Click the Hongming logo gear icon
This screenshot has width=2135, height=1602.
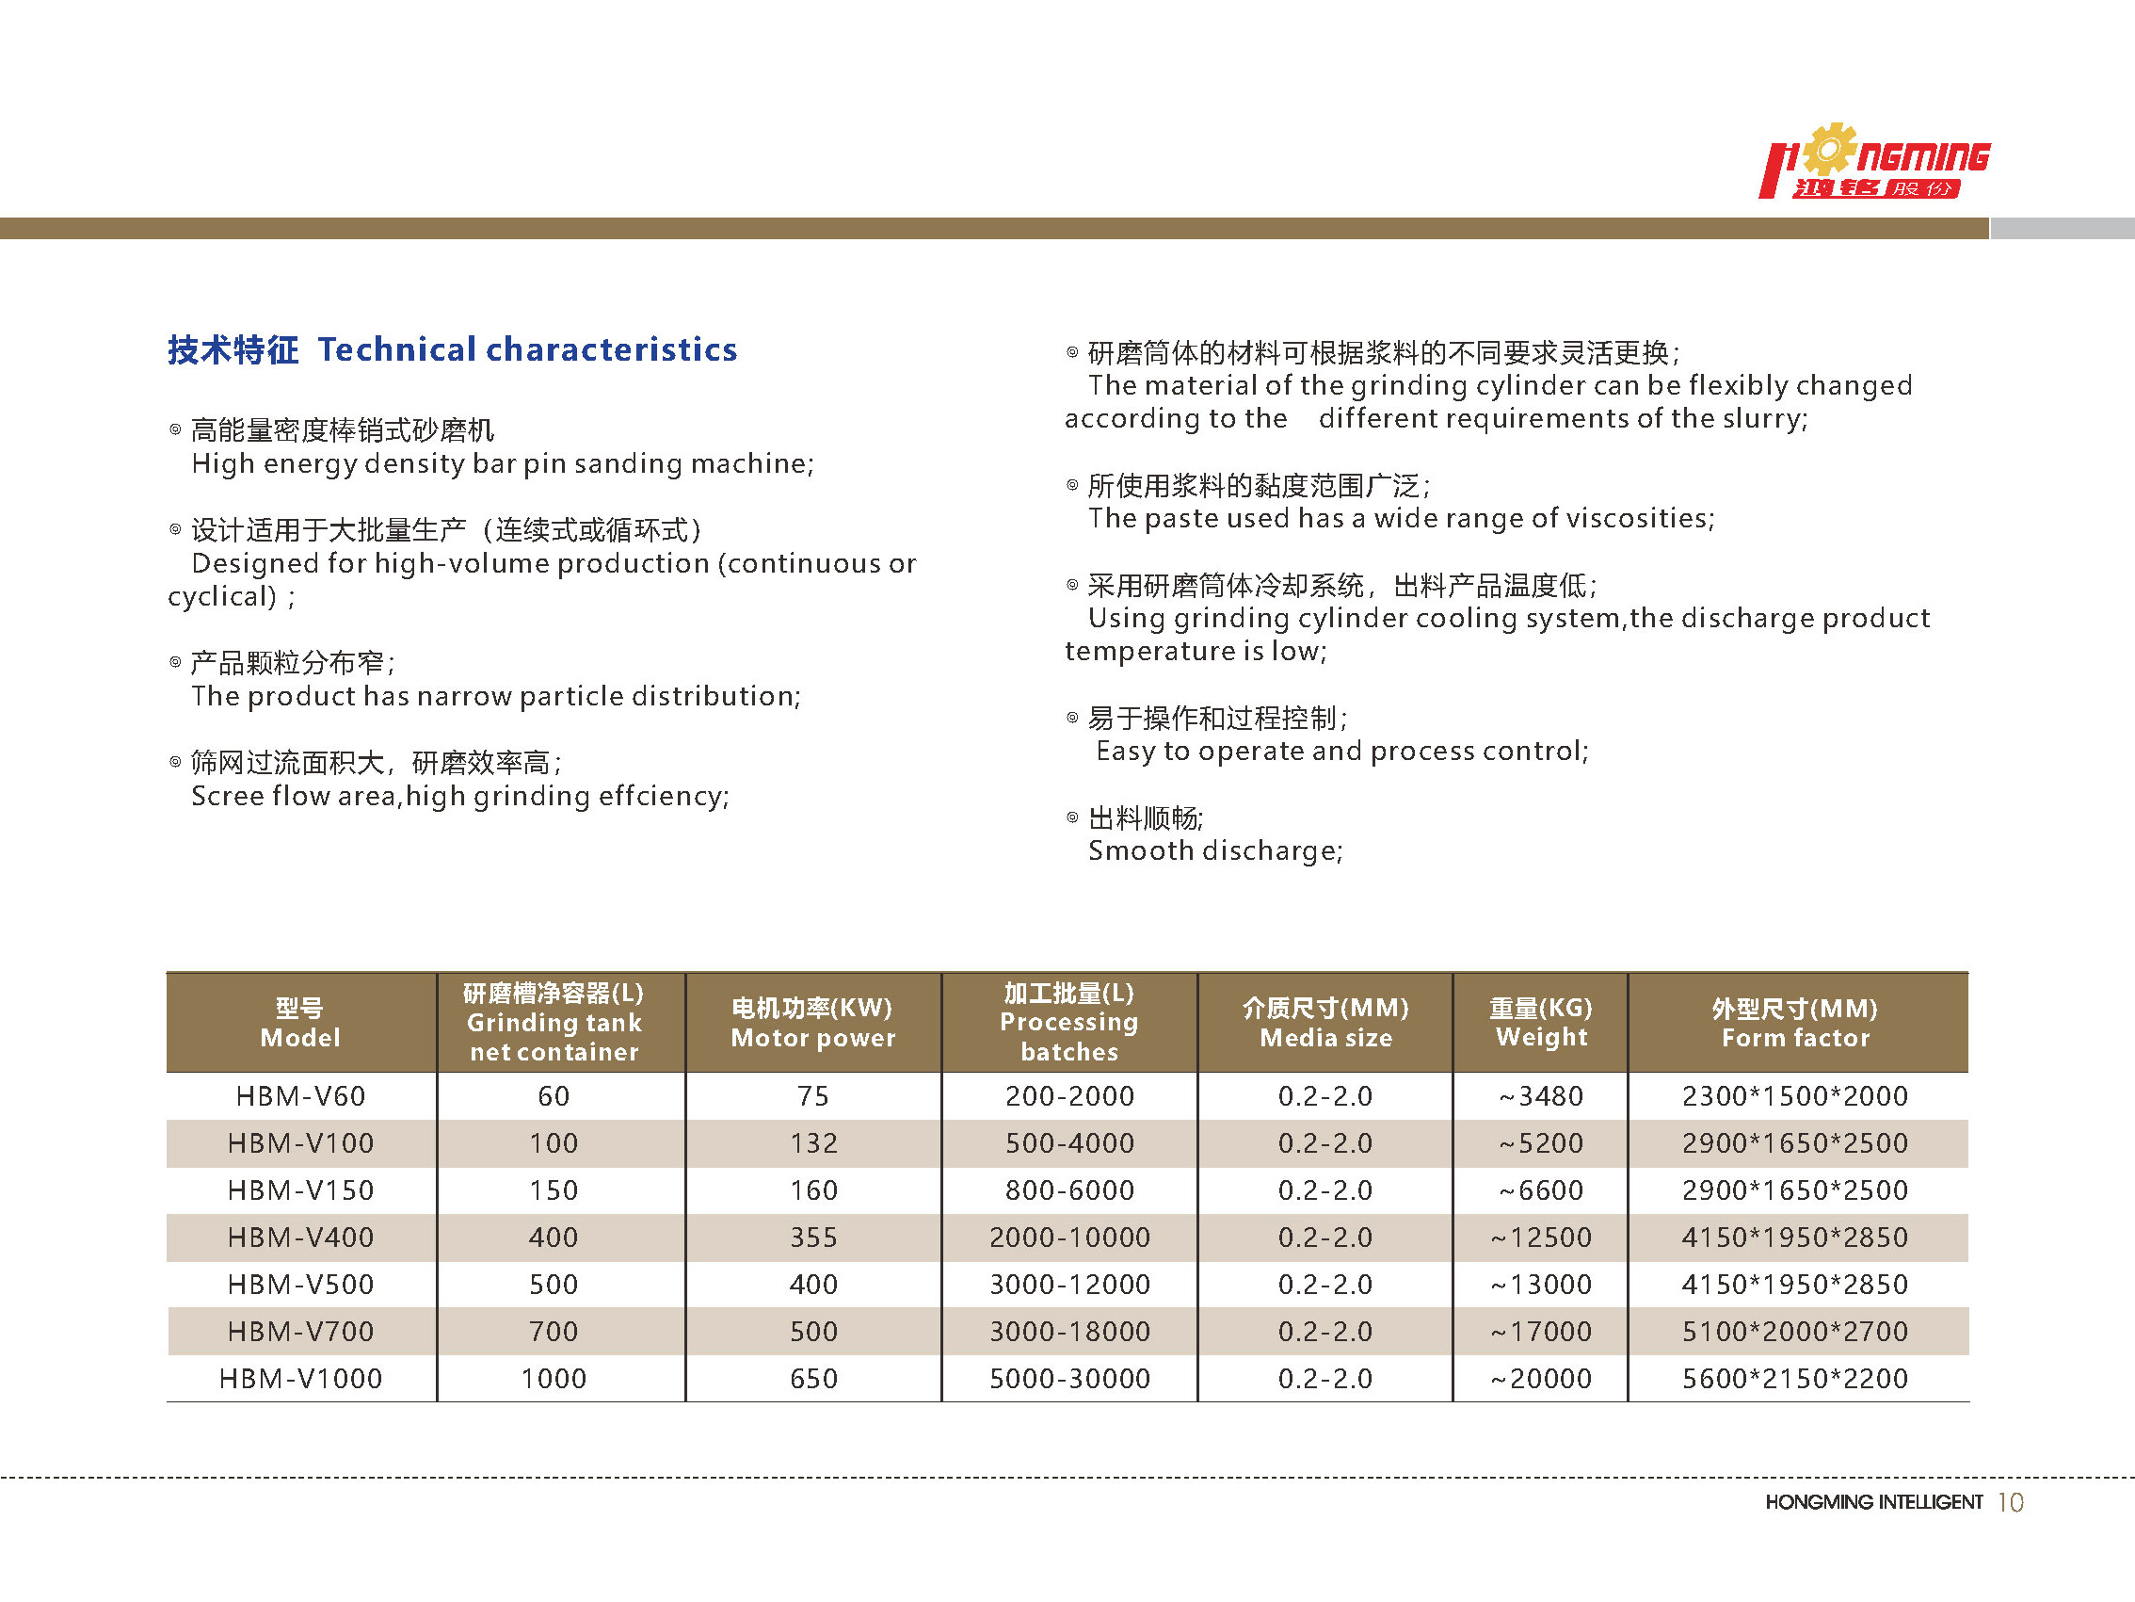[1827, 150]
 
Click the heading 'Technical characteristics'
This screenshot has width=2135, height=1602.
[527, 349]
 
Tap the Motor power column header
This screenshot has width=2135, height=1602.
[812, 1023]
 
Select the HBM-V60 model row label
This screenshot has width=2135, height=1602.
[300, 1096]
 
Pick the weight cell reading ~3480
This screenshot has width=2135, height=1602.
[1540, 1096]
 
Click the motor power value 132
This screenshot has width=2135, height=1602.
[812, 1143]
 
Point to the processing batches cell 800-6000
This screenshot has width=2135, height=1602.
[1068, 1190]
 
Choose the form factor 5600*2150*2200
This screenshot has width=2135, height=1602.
[1794, 1379]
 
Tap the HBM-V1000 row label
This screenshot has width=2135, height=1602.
[300, 1379]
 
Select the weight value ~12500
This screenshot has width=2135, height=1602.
[1540, 1238]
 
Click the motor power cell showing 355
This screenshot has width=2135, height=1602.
[812, 1238]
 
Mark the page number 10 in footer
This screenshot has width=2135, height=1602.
[2011, 1502]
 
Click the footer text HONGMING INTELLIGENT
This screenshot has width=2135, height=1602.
[1873, 1502]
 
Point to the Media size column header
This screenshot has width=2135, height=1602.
[1325, 1023]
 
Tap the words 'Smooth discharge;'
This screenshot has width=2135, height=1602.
[1215, 850]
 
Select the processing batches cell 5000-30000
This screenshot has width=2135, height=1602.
[1068, 1379]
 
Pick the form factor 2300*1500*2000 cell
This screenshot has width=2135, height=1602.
[1794, 1096]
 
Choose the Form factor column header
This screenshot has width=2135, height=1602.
[1794, 1023]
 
